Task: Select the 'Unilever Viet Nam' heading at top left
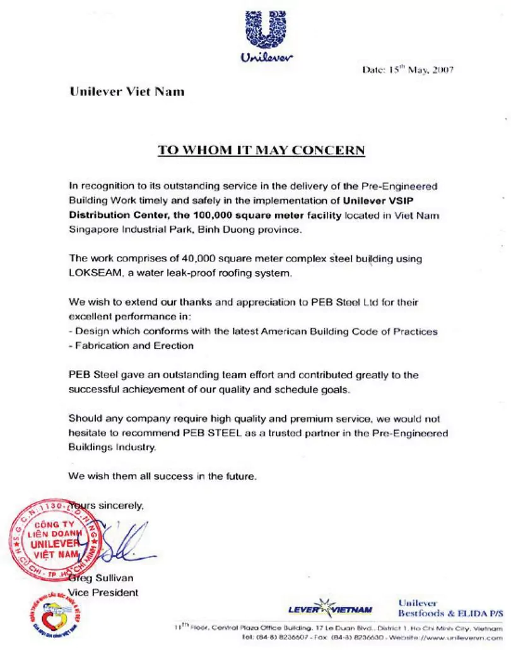[x=127, y=91]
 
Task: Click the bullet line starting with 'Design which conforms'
[x=253, y=331]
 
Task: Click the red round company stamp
[x=54, y=535]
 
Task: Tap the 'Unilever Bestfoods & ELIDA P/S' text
[x=450, y=608]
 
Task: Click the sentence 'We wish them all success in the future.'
[x=162, y=477]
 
